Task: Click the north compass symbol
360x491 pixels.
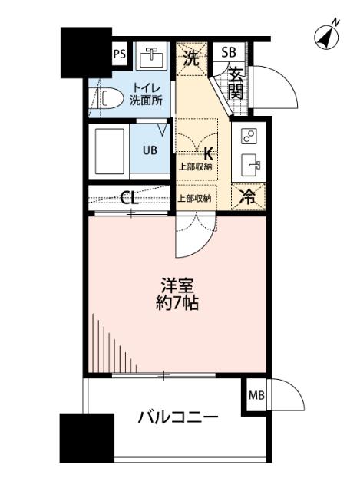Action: point(329,37)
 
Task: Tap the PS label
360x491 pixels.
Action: point(119,54)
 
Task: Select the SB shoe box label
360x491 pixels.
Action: point(229,53)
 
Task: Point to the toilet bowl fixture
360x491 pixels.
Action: point(107,99)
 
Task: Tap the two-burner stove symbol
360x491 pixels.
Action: point(249,137)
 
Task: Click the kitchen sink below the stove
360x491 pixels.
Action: point(249,165)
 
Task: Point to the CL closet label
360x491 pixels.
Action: point(130,197)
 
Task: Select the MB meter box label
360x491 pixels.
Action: point(256,397)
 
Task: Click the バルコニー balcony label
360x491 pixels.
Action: point(178,418)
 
